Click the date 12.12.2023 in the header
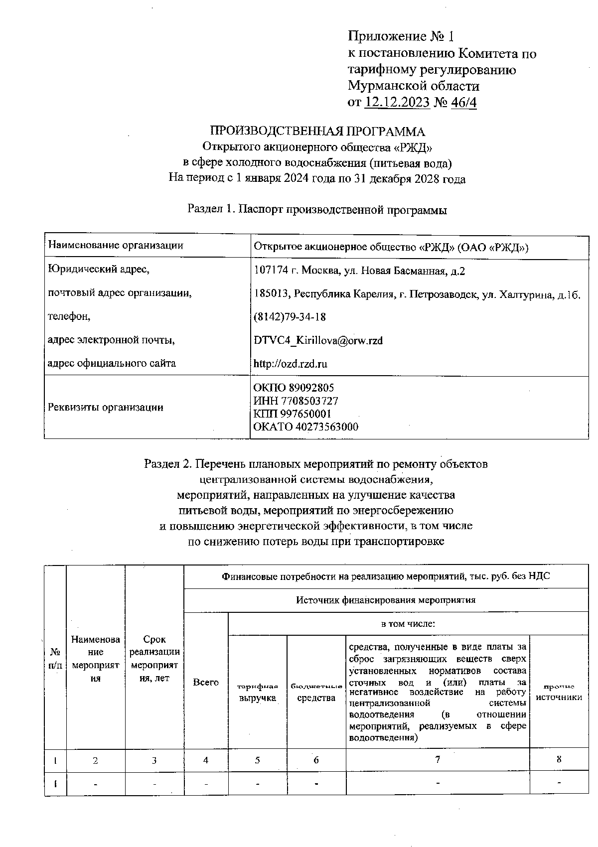[x=397, y=102]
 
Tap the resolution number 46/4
[x=463, y=102]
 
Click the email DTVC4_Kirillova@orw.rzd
[x=318, y=340]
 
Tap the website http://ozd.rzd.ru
[x=290, y=364]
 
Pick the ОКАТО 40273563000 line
[x=305, y=427]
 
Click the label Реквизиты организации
[x=105, y=408]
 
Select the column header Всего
[x=206, y=682]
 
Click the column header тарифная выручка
[x=257, y=693]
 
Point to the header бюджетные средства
[x=316, y=693]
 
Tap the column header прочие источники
[x=559, y=693]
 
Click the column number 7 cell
[x=437, y=760]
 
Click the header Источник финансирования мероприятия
[x=386, y=600]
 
